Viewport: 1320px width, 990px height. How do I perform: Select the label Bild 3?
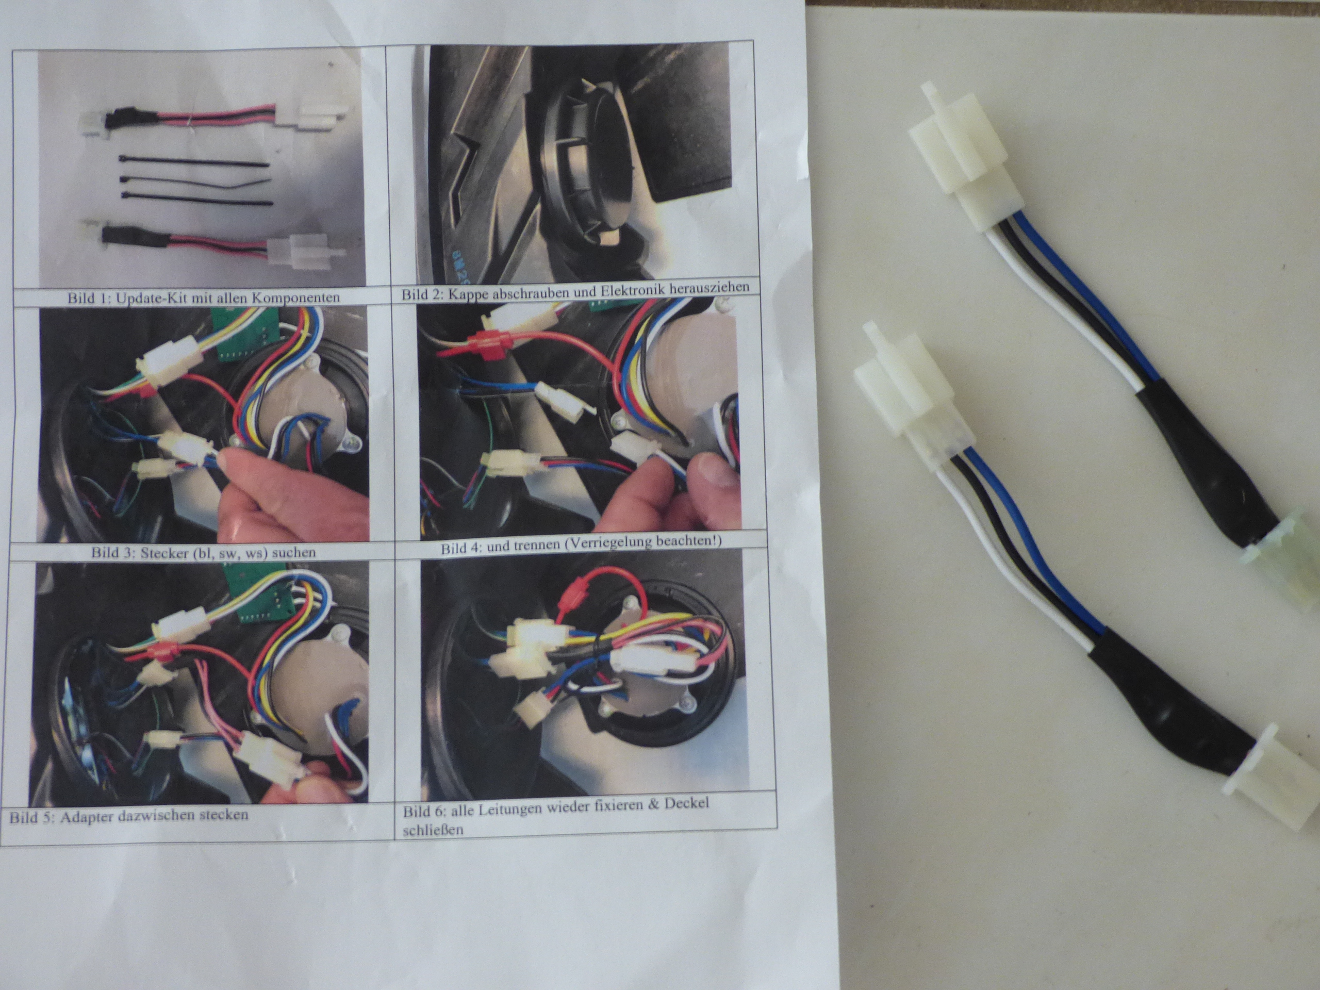click(x=113, y=553)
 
